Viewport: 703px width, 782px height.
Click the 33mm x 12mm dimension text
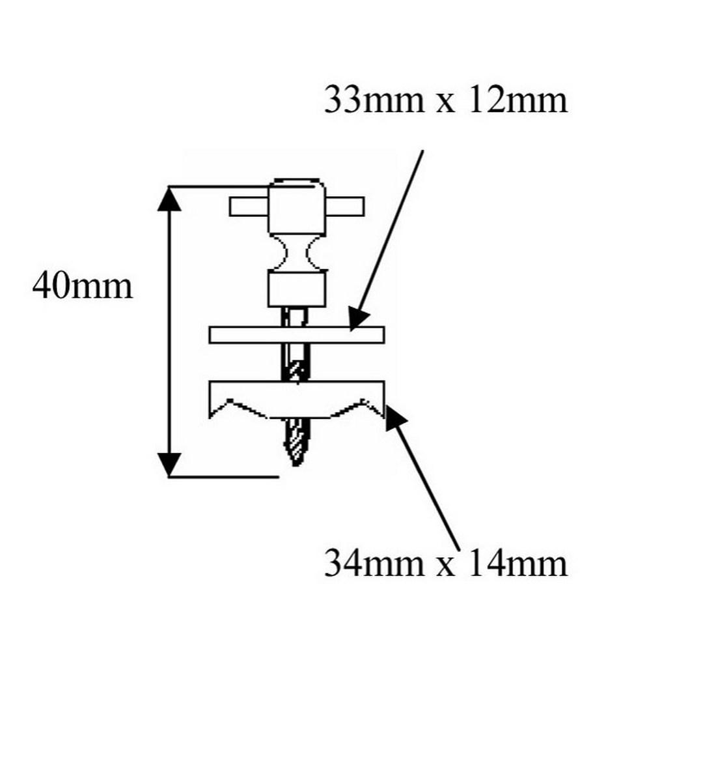click(x=445, y=101)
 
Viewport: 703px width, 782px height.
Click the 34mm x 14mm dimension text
click(x=445, y=563)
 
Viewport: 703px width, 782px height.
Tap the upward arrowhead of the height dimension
click(x=169, y=198)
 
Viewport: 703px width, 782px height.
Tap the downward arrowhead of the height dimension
click(x=169, y=464)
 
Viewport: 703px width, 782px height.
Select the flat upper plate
click(x=296, y=334)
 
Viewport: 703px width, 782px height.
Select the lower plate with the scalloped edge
click(x=296, y=397)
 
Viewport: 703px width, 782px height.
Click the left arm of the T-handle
click(x=249, y=206)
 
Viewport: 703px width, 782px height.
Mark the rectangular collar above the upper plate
click(x=297, y=289)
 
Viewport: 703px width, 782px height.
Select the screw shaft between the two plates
click(x=297, y=362)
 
